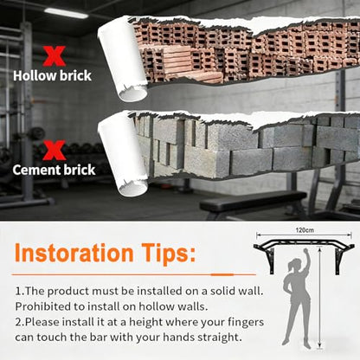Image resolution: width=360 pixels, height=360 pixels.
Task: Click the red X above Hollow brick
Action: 55,56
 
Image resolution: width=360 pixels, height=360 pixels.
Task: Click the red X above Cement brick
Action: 55,151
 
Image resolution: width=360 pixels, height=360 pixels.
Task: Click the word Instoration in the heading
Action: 74,253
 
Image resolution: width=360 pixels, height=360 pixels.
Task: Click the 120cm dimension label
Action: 305,230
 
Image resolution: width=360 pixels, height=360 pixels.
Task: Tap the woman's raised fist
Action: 306,251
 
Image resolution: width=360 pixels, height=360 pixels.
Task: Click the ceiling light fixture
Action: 66,13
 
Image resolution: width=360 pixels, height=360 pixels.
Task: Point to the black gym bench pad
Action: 253,201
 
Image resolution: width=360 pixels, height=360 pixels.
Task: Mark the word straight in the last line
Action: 220,337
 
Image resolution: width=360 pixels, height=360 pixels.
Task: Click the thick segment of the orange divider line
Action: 222,274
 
